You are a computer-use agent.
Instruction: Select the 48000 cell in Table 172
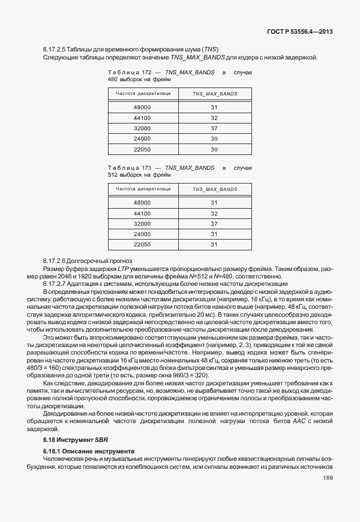142,107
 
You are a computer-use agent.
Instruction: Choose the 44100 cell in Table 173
142,213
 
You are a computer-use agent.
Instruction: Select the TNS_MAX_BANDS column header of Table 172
214,93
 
